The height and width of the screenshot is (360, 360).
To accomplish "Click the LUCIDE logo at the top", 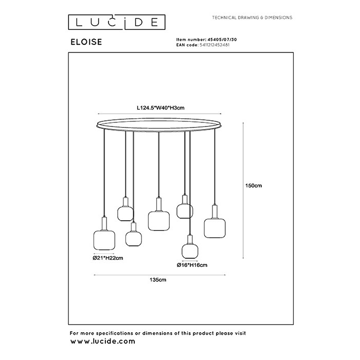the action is pyautogui.click(x=117, y=22).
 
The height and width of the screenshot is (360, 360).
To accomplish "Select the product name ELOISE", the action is pyautogui.click(x=86, y=42).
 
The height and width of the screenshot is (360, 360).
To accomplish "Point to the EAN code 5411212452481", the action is pyautogui.click(x=214, y=45).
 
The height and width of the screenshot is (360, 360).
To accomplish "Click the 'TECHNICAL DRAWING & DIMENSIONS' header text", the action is pyautogui.click(x=252, y=17).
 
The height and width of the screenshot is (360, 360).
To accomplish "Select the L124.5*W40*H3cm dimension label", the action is pyautogui.click(x=160, y=107).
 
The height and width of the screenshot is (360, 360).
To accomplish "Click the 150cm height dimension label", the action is pyautogui.click(x=254, y=186).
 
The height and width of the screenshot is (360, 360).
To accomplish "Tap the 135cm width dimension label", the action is pyautogui.click(x=158, y=280).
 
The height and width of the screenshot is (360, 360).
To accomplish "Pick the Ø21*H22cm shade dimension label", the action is pyautogui.click(x=108, y=258).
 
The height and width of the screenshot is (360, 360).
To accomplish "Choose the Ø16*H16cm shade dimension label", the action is pyautogui.click(x=192, y=265).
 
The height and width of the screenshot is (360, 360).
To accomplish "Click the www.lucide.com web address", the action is pyautogui.click(x=103, y=341).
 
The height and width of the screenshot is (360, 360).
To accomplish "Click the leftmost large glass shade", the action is pyautogui.click(x=104, y=240).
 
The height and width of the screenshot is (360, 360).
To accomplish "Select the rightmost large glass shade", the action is pyautogui.click(x=214, y=228).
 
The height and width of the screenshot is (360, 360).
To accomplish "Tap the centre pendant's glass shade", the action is pyautogui.click(x=159, y=221).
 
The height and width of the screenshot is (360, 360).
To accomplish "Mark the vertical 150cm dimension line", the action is pyautogui.click(x=243, y=191).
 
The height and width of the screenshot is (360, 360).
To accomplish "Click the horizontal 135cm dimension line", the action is pyautogui.click(x=159, y=275).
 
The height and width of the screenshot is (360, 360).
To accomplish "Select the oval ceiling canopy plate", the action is pyautogui.click(x=159, y=125).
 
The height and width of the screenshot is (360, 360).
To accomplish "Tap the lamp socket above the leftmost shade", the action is pyautogui.click(x=104, y=224).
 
